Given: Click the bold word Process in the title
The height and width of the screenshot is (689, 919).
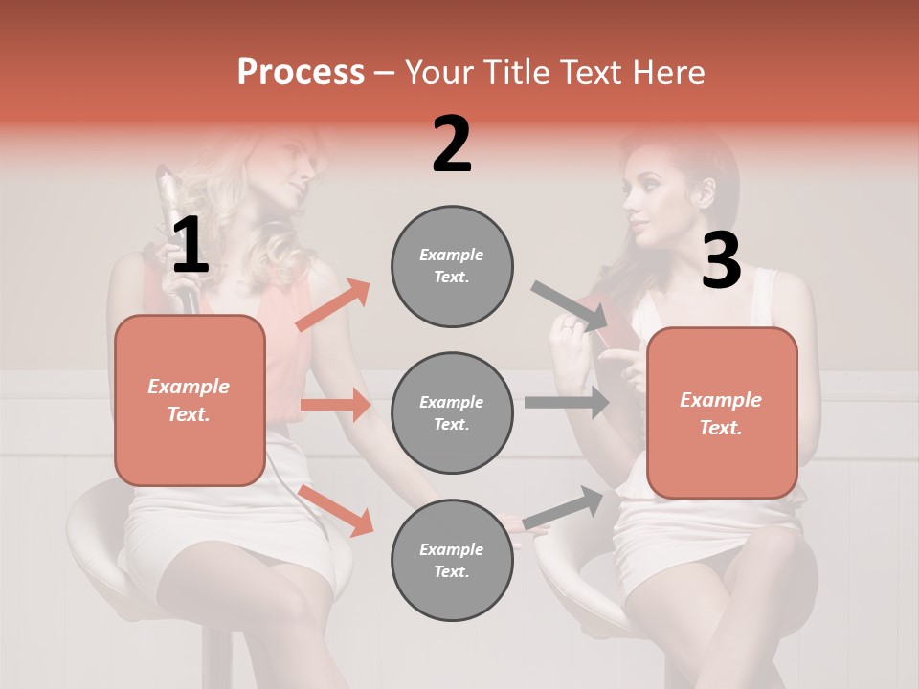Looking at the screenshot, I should pyautogui.click(x=301, y=72).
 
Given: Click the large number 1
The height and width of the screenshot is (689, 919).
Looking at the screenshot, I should pyautogui.click(x=190, y=245).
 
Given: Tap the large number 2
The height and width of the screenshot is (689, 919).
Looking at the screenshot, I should pyautogui.click(x=452, y=145).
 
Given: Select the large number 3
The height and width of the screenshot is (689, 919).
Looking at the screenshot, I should pyautogui.click(x=721, y=260).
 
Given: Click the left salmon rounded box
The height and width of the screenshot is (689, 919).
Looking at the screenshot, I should pyautogui.click(x=190, y=400).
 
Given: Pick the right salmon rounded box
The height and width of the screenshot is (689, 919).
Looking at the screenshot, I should pyautogui.click(x=722, y=413).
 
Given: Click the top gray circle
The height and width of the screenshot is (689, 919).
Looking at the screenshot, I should pyautogui.click(x=452, y=266).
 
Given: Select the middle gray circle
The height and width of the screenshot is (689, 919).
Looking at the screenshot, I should pyautogui.click(x=452, y=413).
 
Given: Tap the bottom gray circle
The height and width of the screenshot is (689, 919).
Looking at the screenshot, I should pyautogui.click(x=452, y=561).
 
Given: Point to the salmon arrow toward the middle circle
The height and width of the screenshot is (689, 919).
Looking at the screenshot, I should pyautogui.click(x=335, y=405).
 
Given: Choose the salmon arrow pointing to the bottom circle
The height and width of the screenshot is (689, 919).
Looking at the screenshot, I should pyautogui.click(x=336, y=510).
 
